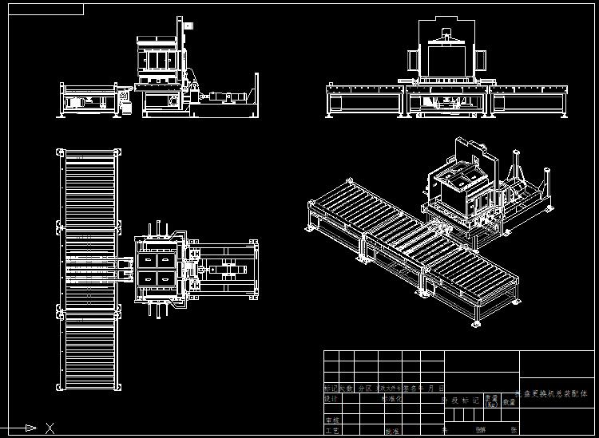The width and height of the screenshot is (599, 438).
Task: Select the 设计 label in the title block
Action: [331, 398]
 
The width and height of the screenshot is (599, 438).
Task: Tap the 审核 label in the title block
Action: [331, 420]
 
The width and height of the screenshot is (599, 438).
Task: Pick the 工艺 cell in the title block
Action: [331, 431]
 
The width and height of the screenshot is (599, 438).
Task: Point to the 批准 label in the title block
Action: [392, 431]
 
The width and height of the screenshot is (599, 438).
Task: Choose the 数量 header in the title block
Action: [510, 401]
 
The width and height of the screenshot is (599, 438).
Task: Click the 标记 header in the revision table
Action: [330, 388]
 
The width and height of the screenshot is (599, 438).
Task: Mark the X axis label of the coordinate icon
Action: [50, 428]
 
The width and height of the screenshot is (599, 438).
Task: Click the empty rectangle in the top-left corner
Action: [43, 9]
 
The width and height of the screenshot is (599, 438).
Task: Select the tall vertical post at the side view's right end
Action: [256, 94]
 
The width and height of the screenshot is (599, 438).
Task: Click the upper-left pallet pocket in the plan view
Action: [149, 260]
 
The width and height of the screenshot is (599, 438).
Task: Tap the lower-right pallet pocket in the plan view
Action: [167, 278]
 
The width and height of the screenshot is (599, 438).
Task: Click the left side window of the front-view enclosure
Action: [414, 62]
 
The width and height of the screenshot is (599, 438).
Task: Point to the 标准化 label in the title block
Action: [391, 398]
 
